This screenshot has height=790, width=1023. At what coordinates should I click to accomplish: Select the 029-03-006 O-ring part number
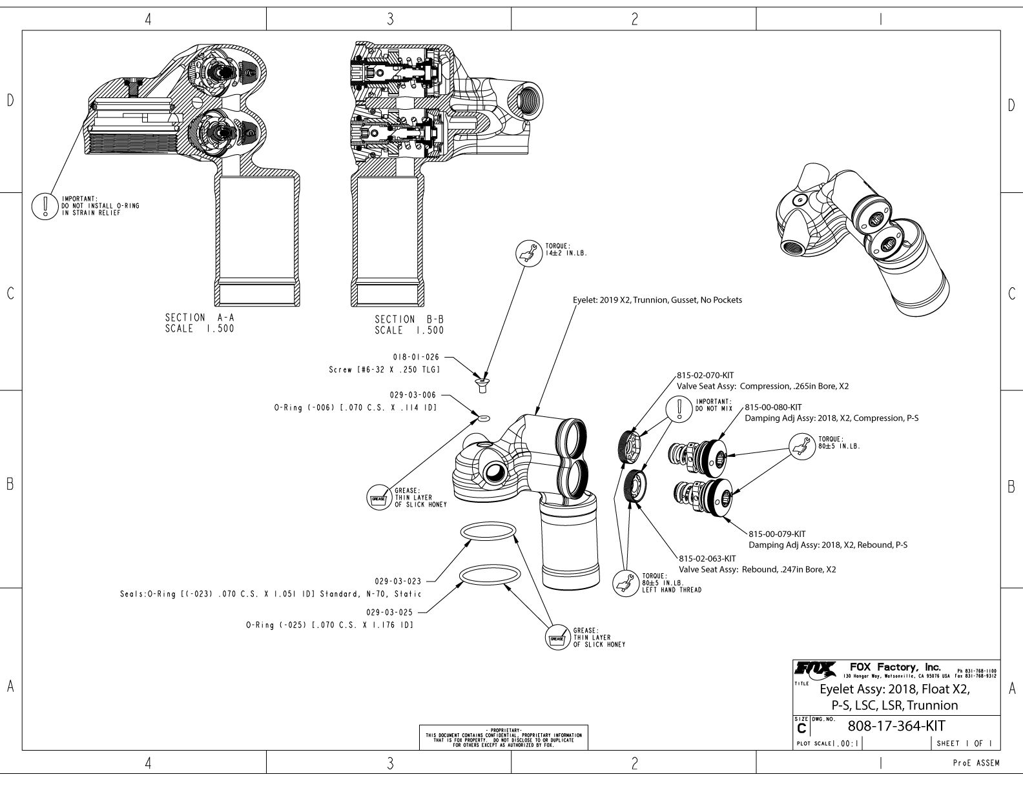click(x=413, y=394)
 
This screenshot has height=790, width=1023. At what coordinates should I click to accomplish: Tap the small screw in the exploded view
click(x=481, y=386)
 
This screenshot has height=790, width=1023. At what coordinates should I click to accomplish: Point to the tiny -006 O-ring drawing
click(x=484, y=418)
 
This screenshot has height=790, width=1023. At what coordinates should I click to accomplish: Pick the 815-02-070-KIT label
click(x=705, y=375)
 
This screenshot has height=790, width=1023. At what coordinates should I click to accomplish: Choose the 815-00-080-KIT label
click(x=773, y=407)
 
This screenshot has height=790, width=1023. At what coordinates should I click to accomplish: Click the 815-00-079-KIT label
click(x=777, y=534)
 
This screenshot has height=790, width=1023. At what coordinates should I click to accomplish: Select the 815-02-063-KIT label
click(x=707, y=558)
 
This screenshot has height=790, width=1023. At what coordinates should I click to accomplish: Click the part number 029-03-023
click(x=397, y=582)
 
